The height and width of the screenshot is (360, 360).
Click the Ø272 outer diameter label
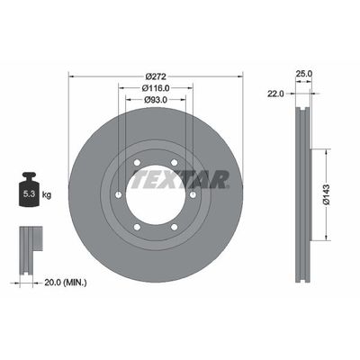pyautogui.click(x=156, y=76)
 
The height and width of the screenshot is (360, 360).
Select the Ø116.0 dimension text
pyautogui.click(x=156, y=88)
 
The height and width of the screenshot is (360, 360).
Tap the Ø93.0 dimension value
pyautogui.click(x=156, y=100)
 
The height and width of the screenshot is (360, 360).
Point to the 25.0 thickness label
pyautogui.click(x=304, y=74)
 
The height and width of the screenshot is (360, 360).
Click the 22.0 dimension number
pyautogui.click(x=275, y=94)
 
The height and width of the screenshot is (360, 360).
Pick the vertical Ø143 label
pyautogui.click(x=327, y=194)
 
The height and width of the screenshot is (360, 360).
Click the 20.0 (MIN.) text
pyautogui.click(x=66, y=283)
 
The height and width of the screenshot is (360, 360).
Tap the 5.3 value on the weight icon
pyautogui.click(x=29, y=194)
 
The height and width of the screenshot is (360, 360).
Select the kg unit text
pyautogui.click(x=47, y=195)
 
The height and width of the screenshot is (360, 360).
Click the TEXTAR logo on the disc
pyautogui.click(x=181, y=179)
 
